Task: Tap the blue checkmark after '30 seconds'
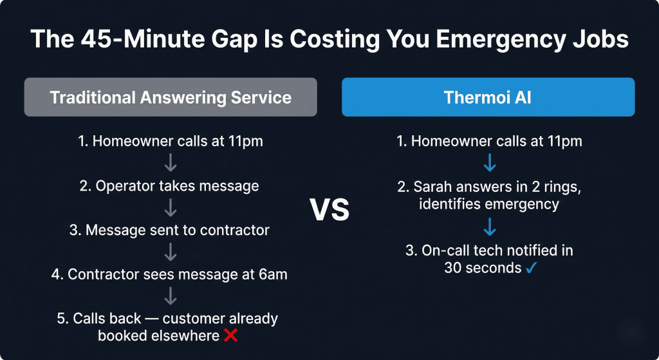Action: pos(531,267)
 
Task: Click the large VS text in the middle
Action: pos(329,210)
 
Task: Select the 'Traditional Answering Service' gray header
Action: pos(171,97)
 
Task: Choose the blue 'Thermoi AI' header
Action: pos(488,97)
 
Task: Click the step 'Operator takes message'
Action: pos(171,186)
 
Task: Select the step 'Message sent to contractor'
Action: pos(171,230)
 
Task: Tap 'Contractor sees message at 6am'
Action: pos(171,274)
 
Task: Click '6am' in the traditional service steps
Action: pos(273,274)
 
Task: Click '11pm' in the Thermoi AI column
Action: pos(564,142)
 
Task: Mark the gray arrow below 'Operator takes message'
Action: pos(171,208)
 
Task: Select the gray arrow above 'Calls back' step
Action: pos(171,296)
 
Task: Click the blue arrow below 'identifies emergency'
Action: pos(488,227)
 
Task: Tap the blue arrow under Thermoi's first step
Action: pos(488,164)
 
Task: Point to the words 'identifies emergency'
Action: pos(488,205)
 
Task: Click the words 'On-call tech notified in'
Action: pos(488,250)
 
